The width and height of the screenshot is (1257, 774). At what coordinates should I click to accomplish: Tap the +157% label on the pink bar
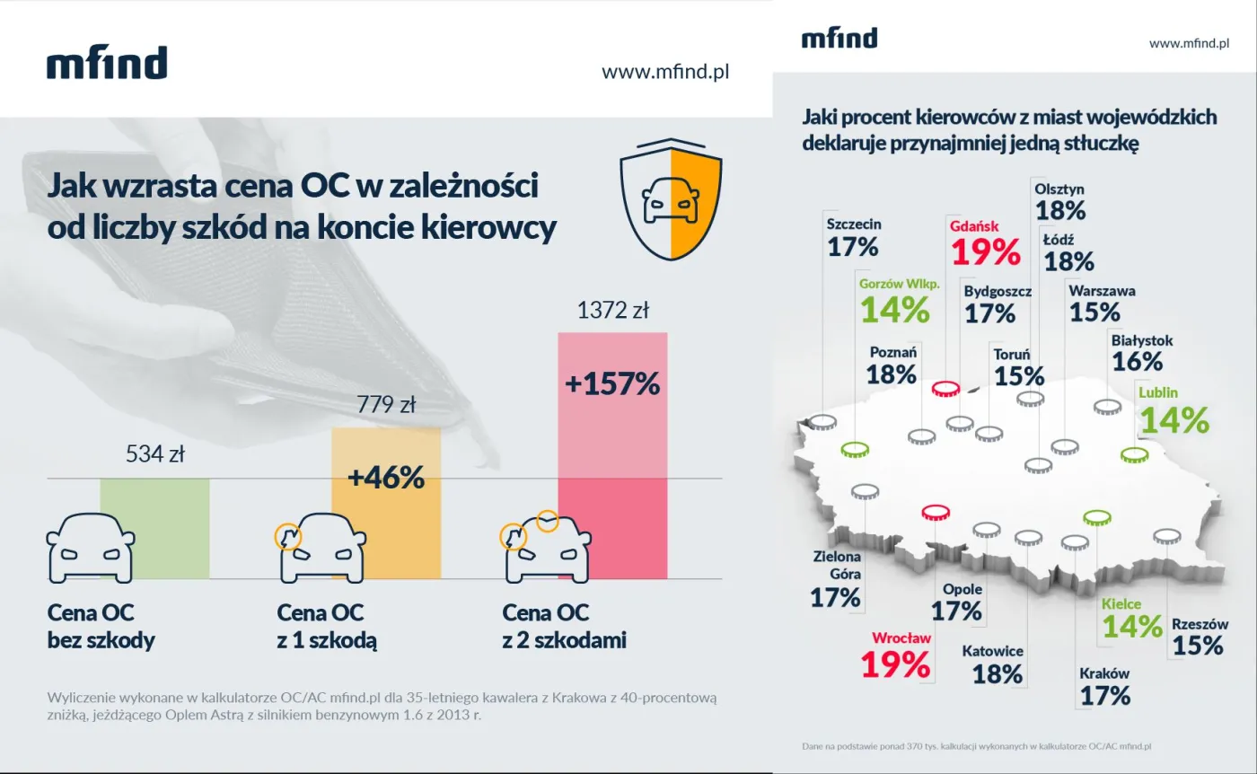pyautogui.click(x=612, y=384)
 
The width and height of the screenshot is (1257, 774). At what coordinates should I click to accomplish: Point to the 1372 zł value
pyautogui.click(x=612, y=312)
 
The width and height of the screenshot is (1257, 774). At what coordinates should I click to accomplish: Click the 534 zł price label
pyautogui.click(x=154, y=454)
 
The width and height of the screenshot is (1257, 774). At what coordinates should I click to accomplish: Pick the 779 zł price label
pyautogui.click(x=386, y=406)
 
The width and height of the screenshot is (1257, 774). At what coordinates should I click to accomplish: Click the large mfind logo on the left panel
pyautogui.click(x=107, y=64)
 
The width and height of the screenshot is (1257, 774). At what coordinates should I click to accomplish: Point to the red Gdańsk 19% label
pyautogui.click(x=985, y=242)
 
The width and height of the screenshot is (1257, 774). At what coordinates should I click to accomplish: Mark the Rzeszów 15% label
pyautogui.click(x=1199, y=636)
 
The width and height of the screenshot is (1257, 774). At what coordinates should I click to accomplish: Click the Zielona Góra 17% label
pyautogui.click(x=836, y=580)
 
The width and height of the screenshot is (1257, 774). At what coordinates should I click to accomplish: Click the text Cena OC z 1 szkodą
pyautogui.click(x=326, y=627)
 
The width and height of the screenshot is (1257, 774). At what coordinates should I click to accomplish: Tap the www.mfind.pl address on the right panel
pyautogui.click(x=1188, y=43)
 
